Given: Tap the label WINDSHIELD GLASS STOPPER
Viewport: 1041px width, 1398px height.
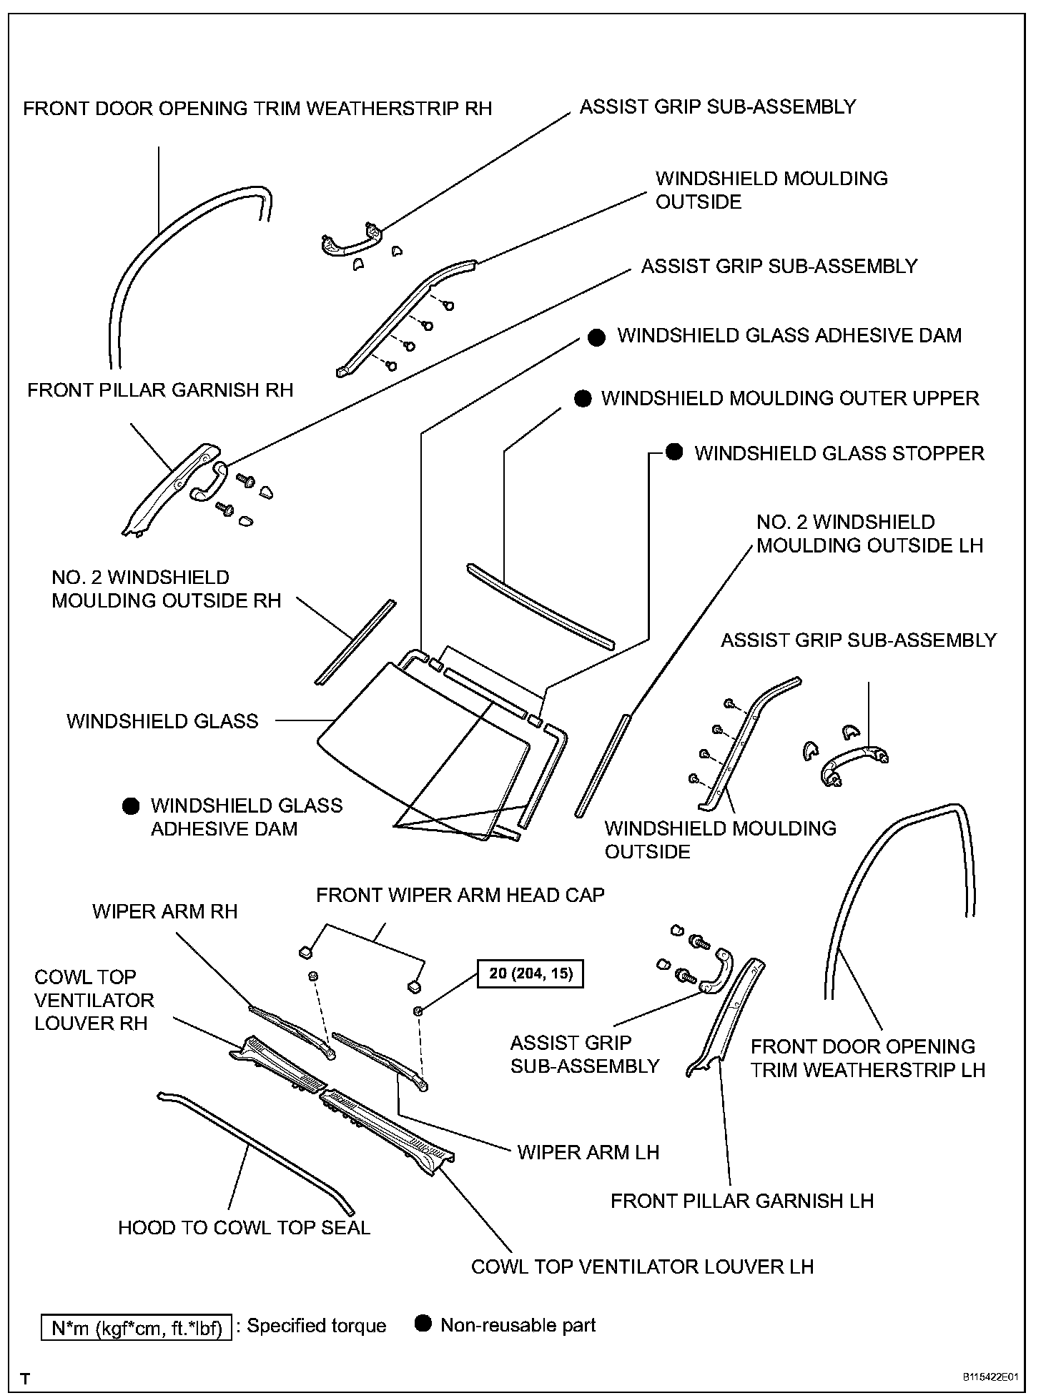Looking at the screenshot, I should click(x=839, y=453).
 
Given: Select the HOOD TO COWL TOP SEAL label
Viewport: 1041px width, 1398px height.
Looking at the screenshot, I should click(x=244, y=1228).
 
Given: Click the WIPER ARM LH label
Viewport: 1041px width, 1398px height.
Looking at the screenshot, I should click(x=588, y=1151).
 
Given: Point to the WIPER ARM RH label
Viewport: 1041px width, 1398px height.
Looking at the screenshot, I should click(x=164, y=911).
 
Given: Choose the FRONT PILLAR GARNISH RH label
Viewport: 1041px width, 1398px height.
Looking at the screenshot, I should click(x=160, y=390).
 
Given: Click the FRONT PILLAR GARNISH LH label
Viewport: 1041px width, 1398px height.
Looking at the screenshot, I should click(x=741, y=1201).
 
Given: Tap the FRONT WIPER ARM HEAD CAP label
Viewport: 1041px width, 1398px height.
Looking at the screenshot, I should click(x=460, y=895).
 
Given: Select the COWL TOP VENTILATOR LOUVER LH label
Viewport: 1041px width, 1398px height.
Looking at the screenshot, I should click(x=642, y=1267).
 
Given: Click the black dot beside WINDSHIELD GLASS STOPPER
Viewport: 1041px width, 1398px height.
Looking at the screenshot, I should click(x=674, y=452).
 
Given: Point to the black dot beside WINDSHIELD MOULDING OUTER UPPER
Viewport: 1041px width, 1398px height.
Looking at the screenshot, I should click(x=583, y=399).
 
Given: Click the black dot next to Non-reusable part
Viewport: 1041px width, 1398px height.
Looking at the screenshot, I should click(x=424, y=1324).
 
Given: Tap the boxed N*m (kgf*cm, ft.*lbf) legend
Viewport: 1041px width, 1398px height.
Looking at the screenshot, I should click(x=137, y=1329).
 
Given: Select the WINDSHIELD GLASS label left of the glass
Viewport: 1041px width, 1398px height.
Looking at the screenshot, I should click(x=162, y=720).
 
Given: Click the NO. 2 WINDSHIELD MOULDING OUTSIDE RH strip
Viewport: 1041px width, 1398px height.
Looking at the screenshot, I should click(x=355, y=641).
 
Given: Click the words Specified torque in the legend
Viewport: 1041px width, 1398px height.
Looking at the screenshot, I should click(x=316, y=1327).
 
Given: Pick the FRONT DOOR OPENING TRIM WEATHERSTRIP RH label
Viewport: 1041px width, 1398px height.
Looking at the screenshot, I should click(x=257, y=109).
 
